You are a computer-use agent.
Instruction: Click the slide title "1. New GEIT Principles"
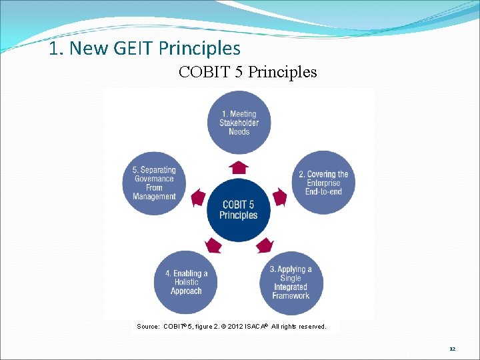pos(145,49)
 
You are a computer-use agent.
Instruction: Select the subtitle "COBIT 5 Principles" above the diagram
pos(247,72)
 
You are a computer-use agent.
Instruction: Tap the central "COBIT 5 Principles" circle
pos(239,210)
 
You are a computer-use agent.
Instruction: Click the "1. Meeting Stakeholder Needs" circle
pos(239,123)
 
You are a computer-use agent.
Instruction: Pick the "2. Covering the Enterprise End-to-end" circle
pos(323,183)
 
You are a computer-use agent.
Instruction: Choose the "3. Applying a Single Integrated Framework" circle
pos(291,282)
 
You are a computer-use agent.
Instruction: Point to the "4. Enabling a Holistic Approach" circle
pos(186,282)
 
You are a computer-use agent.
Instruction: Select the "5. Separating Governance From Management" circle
pos(154,183)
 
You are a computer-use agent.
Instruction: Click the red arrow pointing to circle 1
pos(239,167)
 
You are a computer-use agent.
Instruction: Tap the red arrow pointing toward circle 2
pos(280,197)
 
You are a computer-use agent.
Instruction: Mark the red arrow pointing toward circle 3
pos(265,245)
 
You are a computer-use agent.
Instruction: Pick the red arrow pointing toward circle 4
pos(213,245)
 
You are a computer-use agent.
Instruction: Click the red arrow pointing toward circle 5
pos(198,197)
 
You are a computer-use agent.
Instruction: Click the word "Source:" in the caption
pos(148,327)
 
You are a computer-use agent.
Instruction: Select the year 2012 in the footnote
pos(234,327)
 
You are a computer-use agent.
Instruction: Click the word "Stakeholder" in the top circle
pos(239,123)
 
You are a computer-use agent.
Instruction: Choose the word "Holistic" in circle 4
pos(186,282)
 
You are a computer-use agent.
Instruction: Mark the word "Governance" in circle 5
pos(154,179)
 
